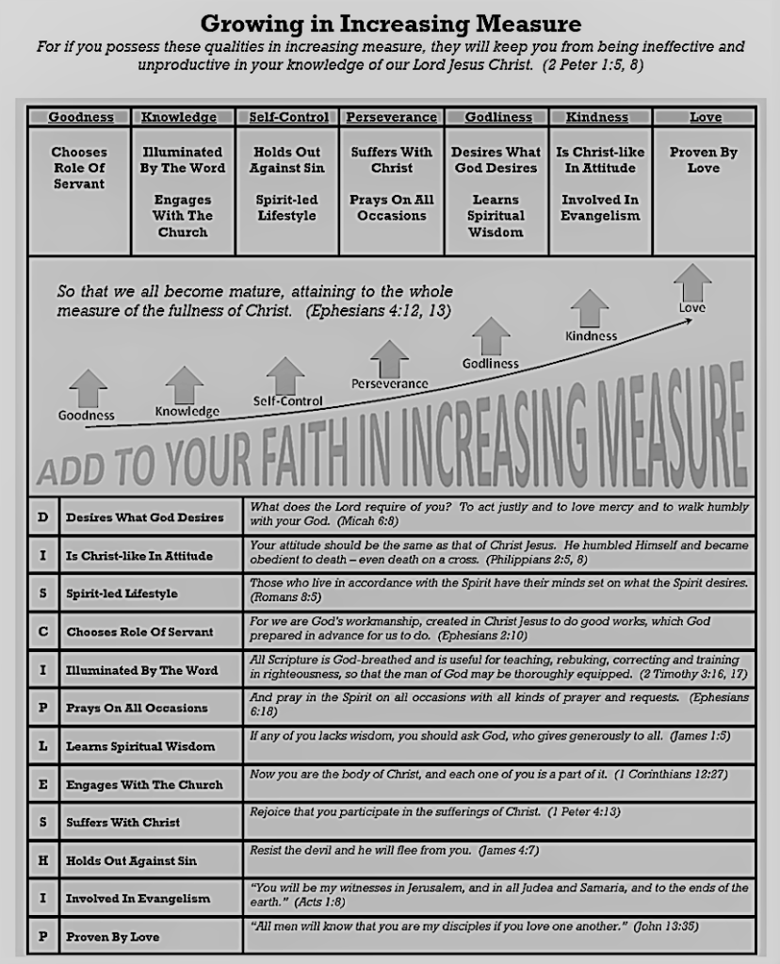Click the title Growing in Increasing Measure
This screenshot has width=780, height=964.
(x=390, y=23)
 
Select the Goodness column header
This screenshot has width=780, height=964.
(x=81, y=118)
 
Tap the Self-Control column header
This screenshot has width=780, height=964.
(x=288, y=118)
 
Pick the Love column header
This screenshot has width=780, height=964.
(x=705, y=118)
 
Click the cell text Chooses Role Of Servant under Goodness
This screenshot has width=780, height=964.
(x=79, y=168)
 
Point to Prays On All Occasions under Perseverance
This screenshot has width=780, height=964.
(x=392, y=207)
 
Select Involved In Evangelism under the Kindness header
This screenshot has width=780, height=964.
(x=600, y=207)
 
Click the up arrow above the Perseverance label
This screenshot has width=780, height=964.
(x=389, y=357)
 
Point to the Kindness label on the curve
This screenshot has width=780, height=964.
(x=591, y=335)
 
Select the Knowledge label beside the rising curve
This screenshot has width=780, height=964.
(x=187, y=411)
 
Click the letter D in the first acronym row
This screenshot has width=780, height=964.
(x=43, y=516)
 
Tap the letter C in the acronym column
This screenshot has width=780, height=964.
(x=43, y=631)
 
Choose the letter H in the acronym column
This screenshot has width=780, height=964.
(x=43, y=860)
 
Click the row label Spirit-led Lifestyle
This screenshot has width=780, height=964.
(x=122, y=594)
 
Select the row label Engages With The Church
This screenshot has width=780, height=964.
(x=144, y=784)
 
